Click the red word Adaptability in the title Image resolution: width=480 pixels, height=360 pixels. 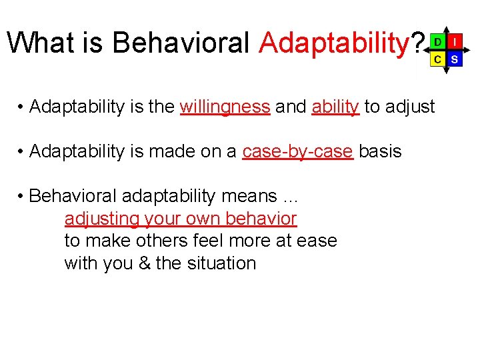tap(333, 44)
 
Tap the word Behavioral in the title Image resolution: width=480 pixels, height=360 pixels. tap(182, 44)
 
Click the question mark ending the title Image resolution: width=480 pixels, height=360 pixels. tap(417, 44)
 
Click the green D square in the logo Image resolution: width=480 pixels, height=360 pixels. tap(437, 42)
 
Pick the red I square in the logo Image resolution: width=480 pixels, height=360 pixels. tap(454, 42)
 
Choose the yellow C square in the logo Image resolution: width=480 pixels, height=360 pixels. tap(437, 59)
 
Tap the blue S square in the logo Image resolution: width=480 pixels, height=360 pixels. tap(454, 59)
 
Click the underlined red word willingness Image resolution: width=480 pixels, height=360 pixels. tap(225, 107)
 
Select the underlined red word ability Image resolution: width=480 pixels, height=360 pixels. tap(335, 107)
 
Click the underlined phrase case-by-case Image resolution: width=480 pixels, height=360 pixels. tap(297, 151)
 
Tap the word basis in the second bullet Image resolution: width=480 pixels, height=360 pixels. tap(380, 151)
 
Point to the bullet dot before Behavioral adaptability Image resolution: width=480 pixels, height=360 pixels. tap(22, 197)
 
